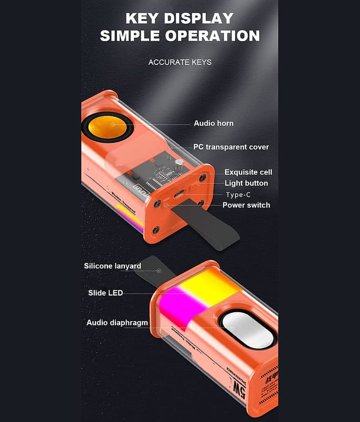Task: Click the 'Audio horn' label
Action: pos(213,123)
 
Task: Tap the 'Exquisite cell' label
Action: pos(248,172)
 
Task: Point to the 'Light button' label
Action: pos(246,183)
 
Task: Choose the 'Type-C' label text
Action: pos(238,195)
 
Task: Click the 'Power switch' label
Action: pos(246,205)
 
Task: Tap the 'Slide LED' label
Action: pos(105,292)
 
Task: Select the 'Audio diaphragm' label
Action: pos(117,322)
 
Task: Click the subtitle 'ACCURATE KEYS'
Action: pos(180,62)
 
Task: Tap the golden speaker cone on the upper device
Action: pos(113,126)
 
